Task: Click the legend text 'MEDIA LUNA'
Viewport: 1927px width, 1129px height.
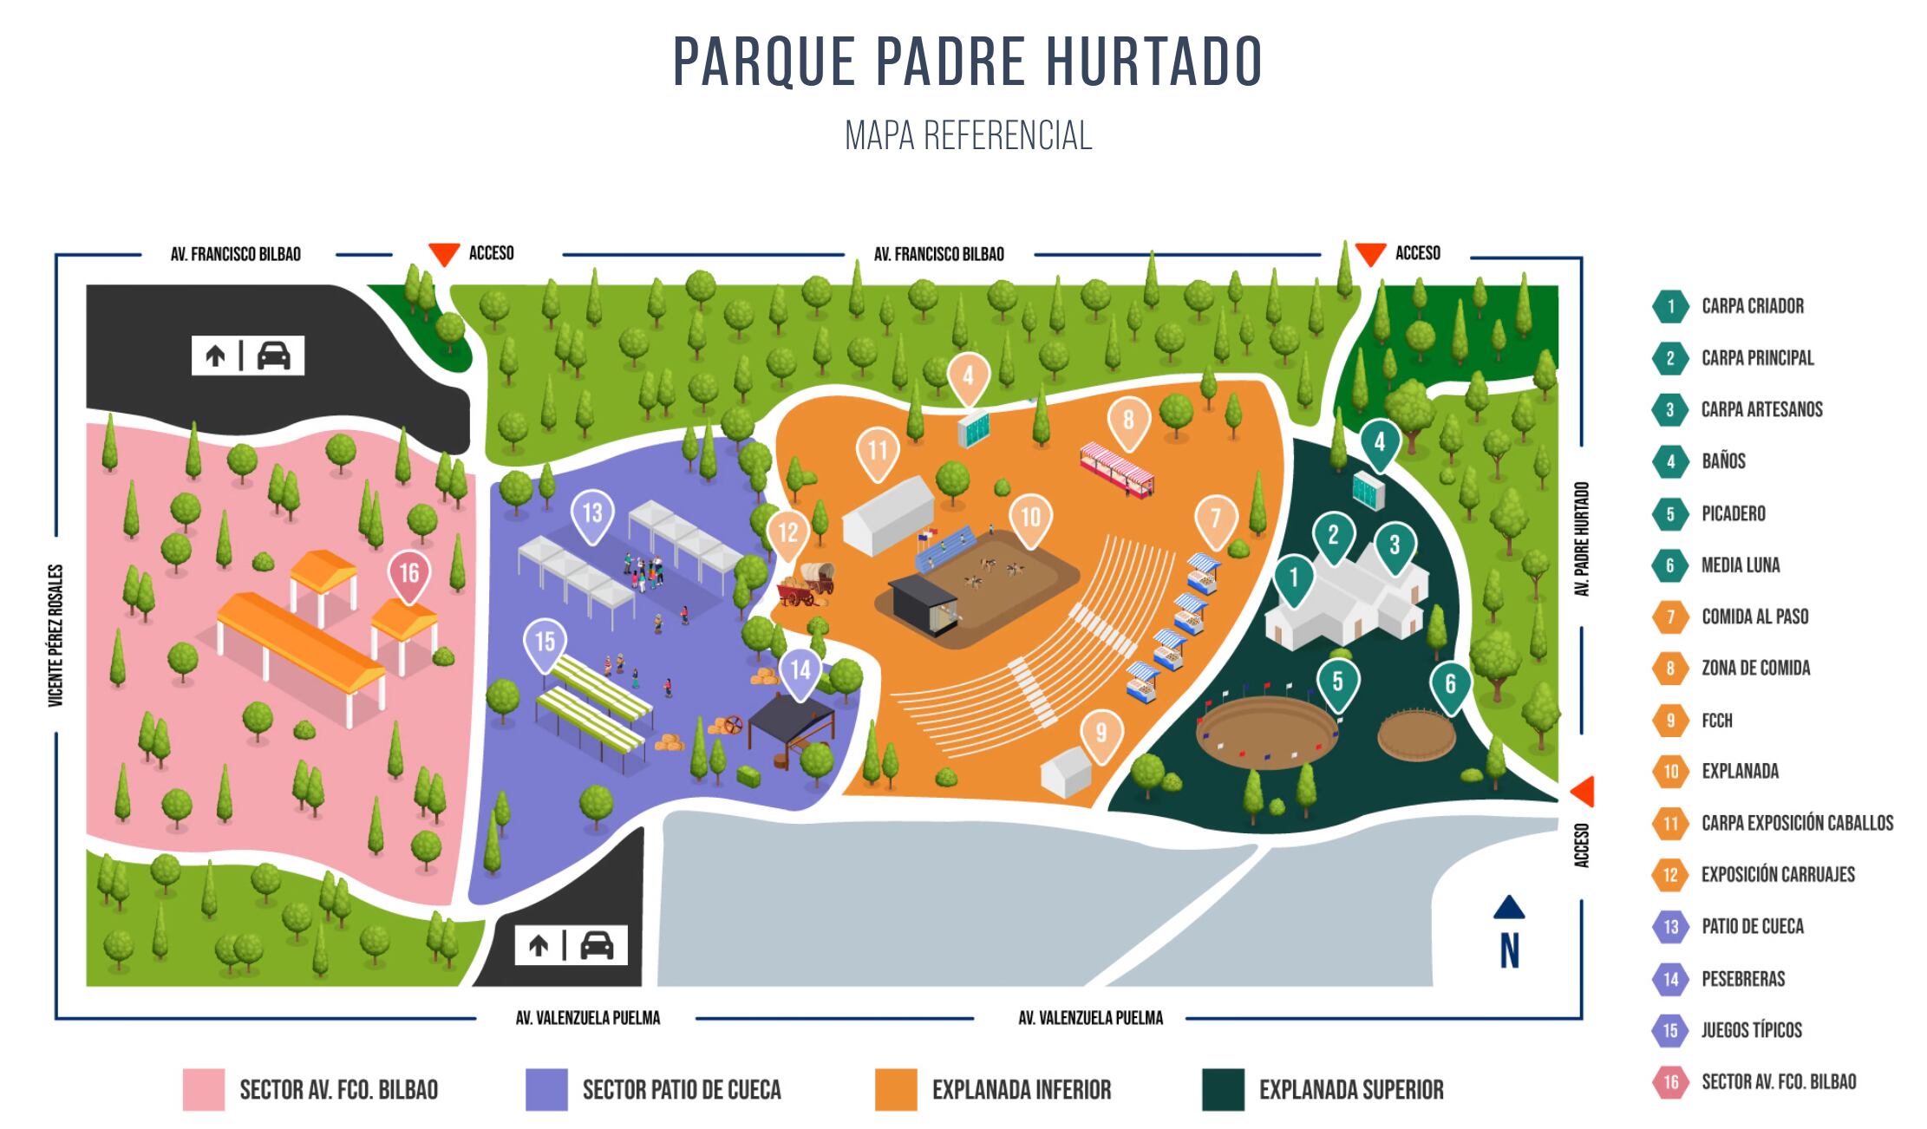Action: point(1740,565)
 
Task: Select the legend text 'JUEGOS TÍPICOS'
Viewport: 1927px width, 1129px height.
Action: point(1751,1030)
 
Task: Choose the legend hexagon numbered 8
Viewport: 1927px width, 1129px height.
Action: point(1670,669)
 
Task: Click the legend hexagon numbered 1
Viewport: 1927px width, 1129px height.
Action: point(1670,306)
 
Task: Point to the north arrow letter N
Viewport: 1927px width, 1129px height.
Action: point(1510,950)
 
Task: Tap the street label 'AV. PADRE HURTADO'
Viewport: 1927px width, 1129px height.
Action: point(1583,538)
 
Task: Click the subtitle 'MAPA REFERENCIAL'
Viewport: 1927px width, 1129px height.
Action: point(968,135)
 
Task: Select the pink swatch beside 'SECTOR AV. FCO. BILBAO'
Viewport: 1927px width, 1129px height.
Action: point(204,1090)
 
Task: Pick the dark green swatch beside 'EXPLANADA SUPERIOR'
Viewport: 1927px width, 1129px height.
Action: point(1223,1090)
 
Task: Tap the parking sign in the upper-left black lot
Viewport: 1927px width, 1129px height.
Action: point(248,356)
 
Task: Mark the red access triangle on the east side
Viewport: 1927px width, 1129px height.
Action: point(1584,791)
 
